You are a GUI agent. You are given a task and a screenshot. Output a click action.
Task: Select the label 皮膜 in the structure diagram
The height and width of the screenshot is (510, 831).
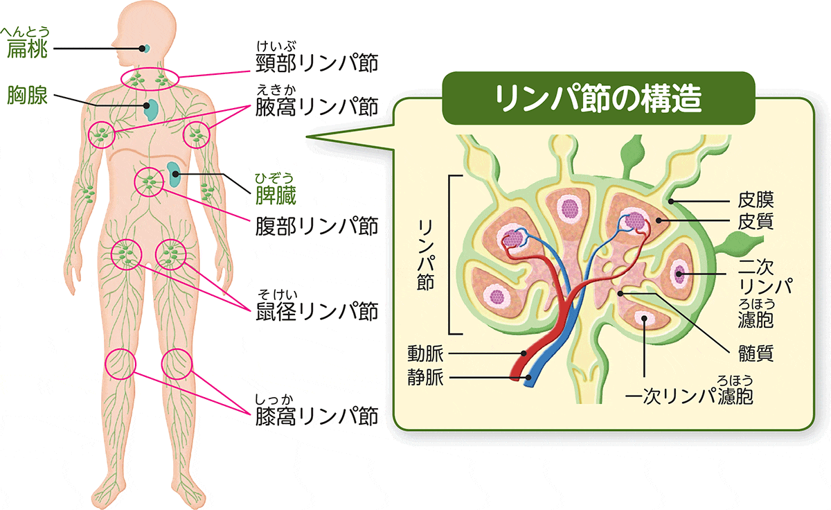click(755, 202)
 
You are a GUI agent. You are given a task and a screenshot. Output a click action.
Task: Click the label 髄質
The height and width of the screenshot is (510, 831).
click(755, 354)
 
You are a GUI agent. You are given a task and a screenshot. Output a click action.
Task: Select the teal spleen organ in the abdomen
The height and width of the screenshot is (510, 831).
click(173, 174)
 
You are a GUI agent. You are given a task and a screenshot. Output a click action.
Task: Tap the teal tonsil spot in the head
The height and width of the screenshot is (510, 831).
click(146, 49)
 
